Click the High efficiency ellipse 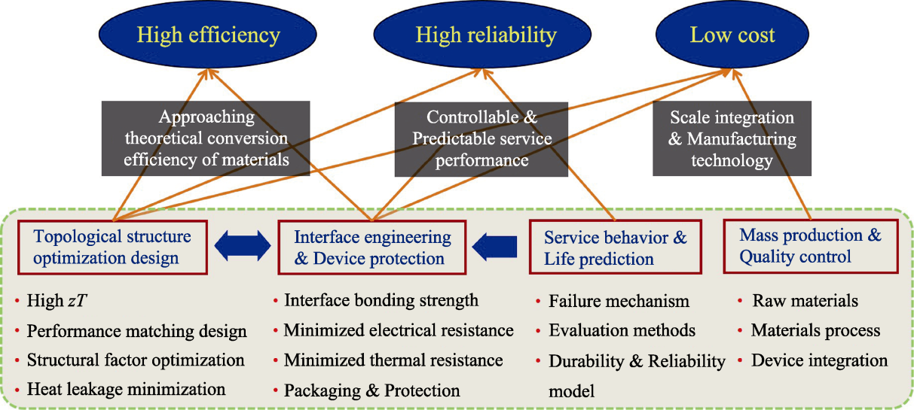click(x=208, y=35)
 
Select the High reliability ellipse click(x=482, y=35)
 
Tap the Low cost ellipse click(x=732, y=35)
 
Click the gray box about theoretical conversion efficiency click(x=206, y=138)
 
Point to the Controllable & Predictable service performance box click(x=481, y=139)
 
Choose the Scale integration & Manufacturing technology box click(x=732, y=138)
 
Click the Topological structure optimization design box click(x=112, y=248)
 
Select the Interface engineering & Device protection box click(x=372, y=248)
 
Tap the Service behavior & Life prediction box click(x=616, y=247)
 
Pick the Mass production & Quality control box click(x=811, y=246)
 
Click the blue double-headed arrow click(x=243, y=246)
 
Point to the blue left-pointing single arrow click(x=494, y=247)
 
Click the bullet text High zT click(x=57, y=301)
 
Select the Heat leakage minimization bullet click(x=126, y=389)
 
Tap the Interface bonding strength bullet click(x=381, y=300)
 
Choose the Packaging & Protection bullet click(x=371, y=390)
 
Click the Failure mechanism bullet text click(x=619, y=301)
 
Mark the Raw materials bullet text click(x=805, y=301)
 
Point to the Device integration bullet click(x=819, y=360)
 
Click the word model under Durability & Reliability click(x=571, y=391)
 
